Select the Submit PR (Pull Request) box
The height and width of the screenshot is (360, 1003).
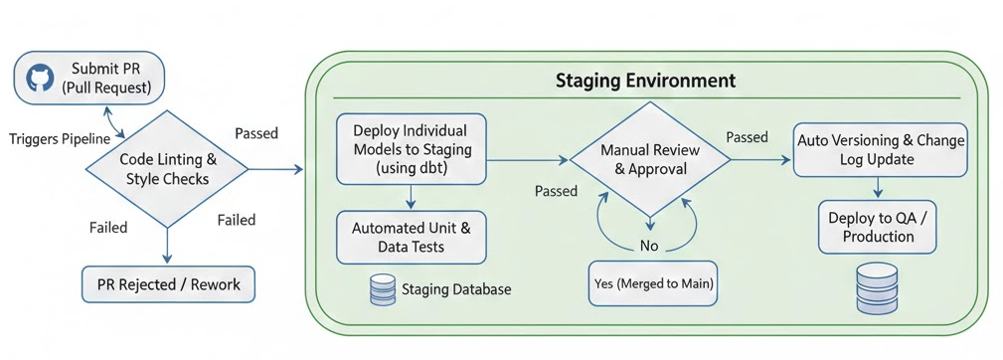[x=88, y=79]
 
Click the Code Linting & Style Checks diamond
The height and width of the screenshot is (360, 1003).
[x=166, y=169]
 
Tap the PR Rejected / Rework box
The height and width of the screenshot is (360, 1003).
[x=168, y=284]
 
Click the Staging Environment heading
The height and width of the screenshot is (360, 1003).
[x=645, y=82]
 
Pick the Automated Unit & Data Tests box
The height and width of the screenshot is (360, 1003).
[x=411, y=238]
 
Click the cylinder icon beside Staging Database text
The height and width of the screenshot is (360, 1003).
[x=383, y=289]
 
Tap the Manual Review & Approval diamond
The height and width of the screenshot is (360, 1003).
[x=650, y=160]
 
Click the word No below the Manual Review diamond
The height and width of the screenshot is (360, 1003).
[x=650, y=247]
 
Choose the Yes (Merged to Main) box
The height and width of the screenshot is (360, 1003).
[x=652, y=283]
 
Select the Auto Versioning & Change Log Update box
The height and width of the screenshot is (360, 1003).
[x=880, y=149]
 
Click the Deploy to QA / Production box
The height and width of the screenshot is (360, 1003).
[x=878, y=227]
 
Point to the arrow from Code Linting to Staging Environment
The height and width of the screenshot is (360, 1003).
[x=275, y=169]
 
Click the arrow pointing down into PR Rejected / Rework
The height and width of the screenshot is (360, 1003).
[x=167, y=246]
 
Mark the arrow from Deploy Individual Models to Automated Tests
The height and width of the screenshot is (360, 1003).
[x=411, y=197]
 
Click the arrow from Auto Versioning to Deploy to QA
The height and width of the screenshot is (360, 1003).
[x=879, y=187]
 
